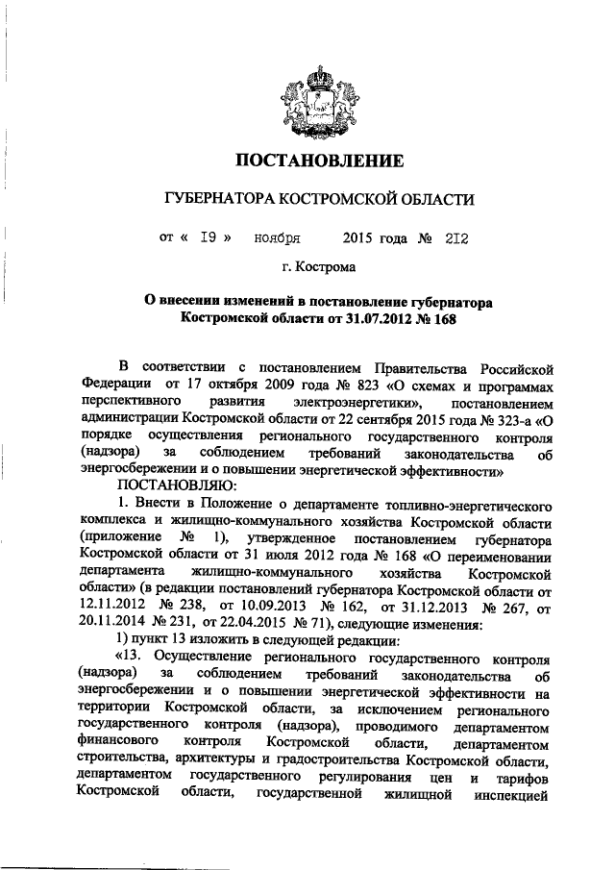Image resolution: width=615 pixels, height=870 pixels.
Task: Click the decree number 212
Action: pyautogui.click(x=455, y=235)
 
